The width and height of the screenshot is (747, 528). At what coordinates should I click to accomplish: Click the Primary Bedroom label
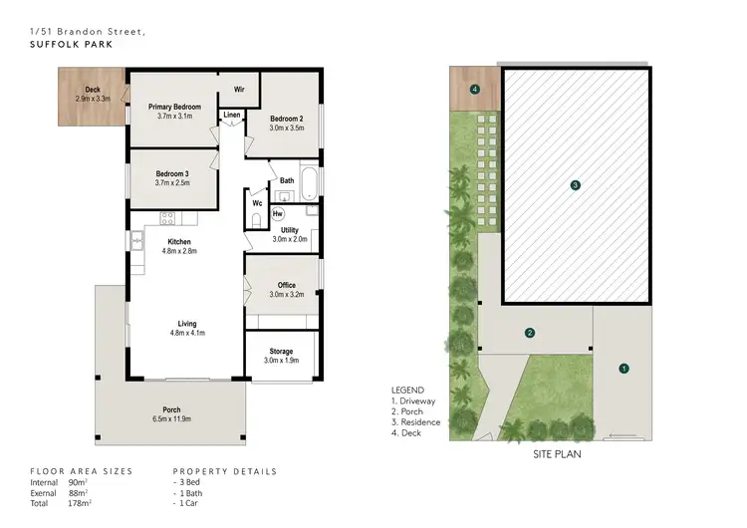click(x=174, y=107)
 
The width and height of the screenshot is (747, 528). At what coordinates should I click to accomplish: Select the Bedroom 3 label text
click(x=171, y=173)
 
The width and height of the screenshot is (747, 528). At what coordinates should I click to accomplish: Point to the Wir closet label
click(x=239, y=90)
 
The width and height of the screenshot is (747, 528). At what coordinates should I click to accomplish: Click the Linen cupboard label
click(x=231, y=116)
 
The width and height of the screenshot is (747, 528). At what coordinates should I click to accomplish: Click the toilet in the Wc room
click(x=256, y=219)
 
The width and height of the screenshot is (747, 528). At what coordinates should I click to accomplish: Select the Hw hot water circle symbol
click(x=278, y=212)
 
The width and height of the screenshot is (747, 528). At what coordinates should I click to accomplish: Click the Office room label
click(x=286, y=286)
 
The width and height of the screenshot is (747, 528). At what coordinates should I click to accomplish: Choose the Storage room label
click(x=281, y=352)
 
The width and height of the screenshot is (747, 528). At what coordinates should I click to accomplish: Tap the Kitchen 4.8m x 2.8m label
click(x=179, y=242)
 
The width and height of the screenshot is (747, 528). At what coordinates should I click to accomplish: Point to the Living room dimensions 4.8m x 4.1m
click(x=186, y=333)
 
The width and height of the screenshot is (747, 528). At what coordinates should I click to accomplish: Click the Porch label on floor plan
click(x=171, y=409)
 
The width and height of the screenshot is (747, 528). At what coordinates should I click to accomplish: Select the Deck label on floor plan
click(x=92, y=90)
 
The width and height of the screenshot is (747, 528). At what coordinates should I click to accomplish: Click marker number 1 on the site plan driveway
click(x=624, y=369)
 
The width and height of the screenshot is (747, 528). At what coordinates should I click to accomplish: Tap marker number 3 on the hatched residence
click(x=575, y=185)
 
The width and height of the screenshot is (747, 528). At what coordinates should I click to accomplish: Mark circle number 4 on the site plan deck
click(x=475, y=90)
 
